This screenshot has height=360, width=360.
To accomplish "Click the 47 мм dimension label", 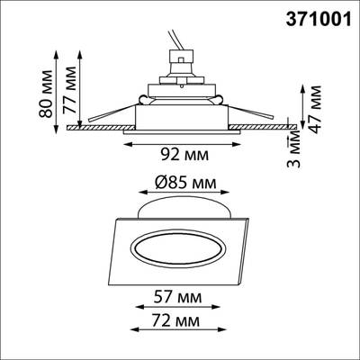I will click(x=318, y=109).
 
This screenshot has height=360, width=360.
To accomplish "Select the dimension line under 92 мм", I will click(x=180, y=141).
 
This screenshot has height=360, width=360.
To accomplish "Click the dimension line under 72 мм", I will click(x=180, y=330).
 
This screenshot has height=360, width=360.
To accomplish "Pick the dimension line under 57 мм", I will click(x=180, y=307).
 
